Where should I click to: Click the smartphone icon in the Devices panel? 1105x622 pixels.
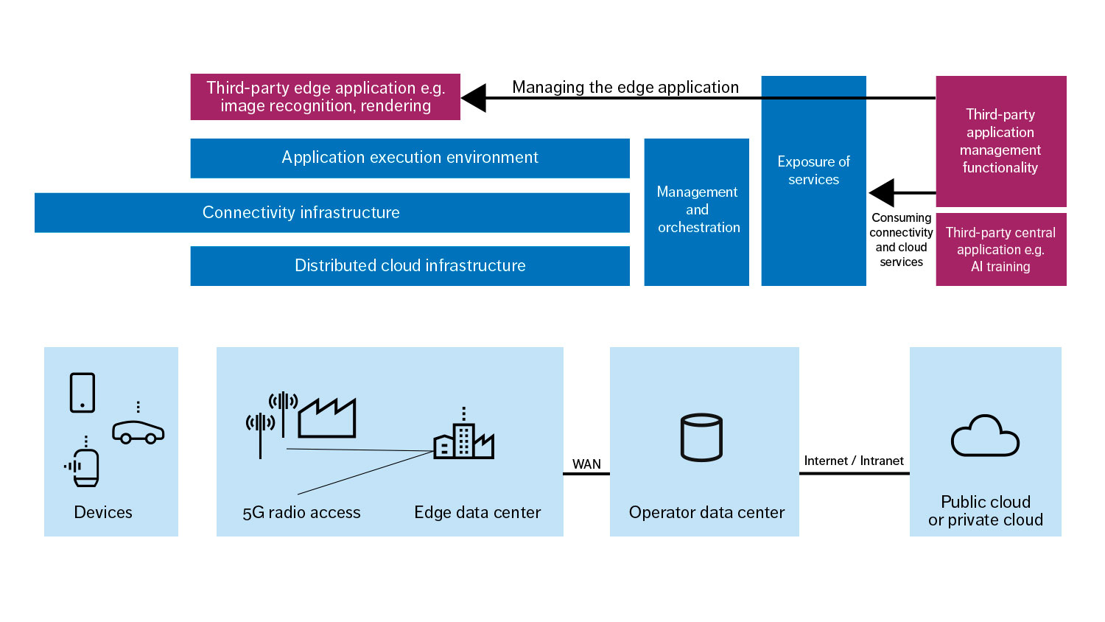(x=83, y=392)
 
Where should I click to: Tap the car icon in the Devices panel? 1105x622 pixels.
(x=138, y=432)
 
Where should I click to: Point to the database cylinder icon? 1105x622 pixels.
(x=701, y=437)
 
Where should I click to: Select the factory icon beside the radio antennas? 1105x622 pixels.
(x=327, y=419)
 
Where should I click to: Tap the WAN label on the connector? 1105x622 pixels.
(x=586, y=464)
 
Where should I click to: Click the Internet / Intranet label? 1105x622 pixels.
(x=854, y=461)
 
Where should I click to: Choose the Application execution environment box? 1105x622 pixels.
(x=410, y=158)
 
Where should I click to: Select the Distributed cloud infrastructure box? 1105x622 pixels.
(x=410, y=265)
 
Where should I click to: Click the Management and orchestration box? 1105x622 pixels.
(x=697, y=211)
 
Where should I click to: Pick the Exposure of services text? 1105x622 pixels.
(x=813, y=170)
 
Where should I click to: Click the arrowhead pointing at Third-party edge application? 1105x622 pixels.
(x=474, y=97)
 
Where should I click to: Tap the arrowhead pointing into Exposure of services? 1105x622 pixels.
(x=881, y=193)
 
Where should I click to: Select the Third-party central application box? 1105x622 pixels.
(x=1000, y=250)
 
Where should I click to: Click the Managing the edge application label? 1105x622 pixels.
(x=625, y=87)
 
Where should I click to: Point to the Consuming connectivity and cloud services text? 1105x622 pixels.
(x=901, y=240)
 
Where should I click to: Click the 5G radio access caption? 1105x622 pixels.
(x=301, y=512)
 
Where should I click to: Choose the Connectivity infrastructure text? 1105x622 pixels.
(x=301, y=212)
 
